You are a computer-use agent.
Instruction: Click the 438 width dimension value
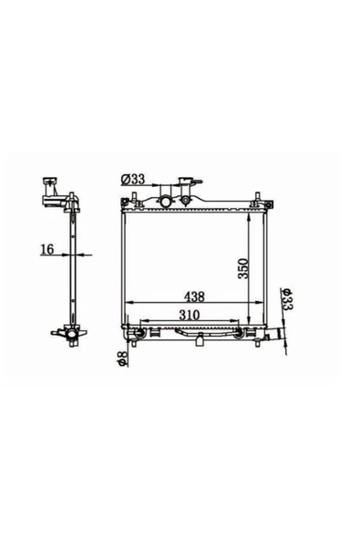pos(194,296)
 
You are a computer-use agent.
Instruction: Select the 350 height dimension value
pos(243,268)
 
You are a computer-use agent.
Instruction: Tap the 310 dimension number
pos(189,315)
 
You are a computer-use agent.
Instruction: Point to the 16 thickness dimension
pos(47,249)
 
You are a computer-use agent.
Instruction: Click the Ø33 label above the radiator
pos(133,179)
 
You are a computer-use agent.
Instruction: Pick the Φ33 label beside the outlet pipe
pos(286,298)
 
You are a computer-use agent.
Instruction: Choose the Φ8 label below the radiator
pos(122,358)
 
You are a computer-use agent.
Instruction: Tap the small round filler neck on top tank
pos(186,200)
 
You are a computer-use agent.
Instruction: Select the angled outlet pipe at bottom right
pos(275,334)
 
